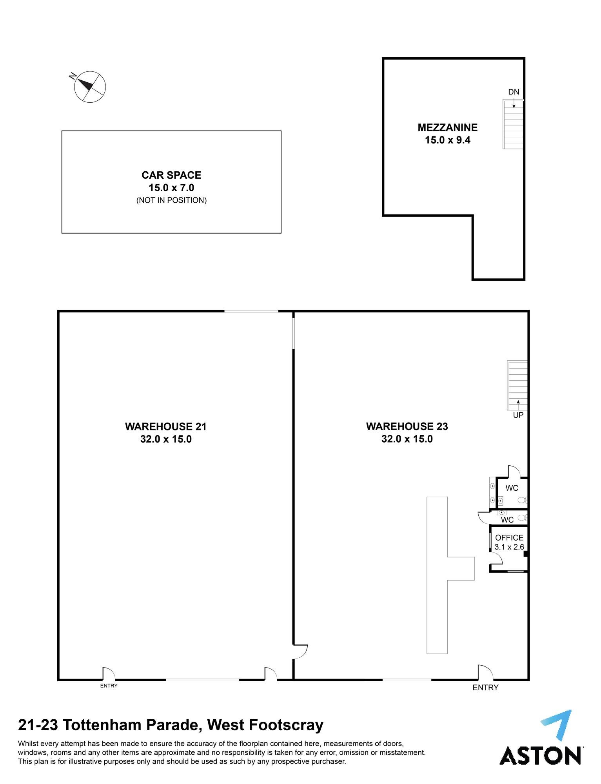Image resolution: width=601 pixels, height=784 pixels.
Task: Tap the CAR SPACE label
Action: pos(171,175)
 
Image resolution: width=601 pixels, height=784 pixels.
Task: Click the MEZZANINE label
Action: pos(447,127)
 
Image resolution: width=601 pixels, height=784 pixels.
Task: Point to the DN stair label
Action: pos(514,92)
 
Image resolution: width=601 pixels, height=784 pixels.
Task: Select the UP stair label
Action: pos(518,415)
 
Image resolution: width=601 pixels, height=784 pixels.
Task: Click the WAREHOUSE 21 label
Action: pos(165,426)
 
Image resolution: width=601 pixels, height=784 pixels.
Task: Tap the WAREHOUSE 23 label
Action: pos(407,426)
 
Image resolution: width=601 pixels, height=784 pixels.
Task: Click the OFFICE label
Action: pos(509,538)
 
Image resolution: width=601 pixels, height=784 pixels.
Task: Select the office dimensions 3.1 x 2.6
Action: pos(509,547)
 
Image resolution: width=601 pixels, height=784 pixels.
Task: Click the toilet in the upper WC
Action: pos(523,500)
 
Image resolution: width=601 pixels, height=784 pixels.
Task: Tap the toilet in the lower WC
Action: pos(523,518)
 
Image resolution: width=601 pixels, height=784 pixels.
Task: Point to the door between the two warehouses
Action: pos(300,652)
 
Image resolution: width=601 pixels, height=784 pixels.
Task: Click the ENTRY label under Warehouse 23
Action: pos(485,688)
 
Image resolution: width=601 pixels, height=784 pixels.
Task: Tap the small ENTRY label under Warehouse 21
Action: pos(109,686)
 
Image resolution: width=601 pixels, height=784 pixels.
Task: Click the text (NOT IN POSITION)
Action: pos(171,200)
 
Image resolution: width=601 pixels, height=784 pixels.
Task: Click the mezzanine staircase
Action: pos(513,124)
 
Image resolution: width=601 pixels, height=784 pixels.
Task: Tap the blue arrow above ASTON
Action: pos(557,726)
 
